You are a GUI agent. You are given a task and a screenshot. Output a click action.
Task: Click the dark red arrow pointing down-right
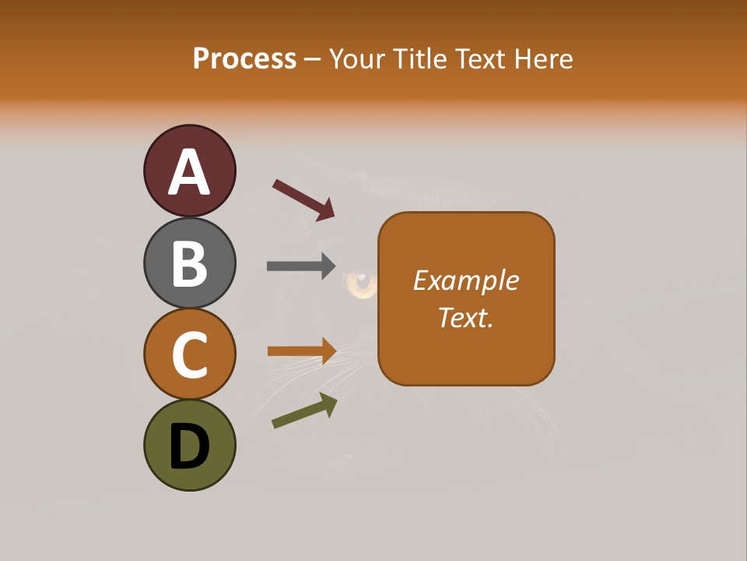[303, 199]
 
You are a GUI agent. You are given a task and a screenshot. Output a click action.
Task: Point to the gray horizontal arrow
[300, 266]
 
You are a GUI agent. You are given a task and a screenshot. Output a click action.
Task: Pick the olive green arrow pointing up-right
[304, 411]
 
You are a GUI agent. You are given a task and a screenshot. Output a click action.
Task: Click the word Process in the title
[244, 58]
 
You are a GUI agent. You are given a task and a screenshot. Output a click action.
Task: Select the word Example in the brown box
[465, 280]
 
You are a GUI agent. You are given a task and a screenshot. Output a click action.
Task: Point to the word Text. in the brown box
[465, 317]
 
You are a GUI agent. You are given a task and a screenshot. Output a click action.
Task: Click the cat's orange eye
[361, 284]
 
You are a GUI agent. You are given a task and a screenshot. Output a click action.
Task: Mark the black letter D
[189, 446]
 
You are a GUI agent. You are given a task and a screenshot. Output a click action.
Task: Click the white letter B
[189, 263]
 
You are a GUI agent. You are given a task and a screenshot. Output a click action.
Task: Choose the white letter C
[189, 355]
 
